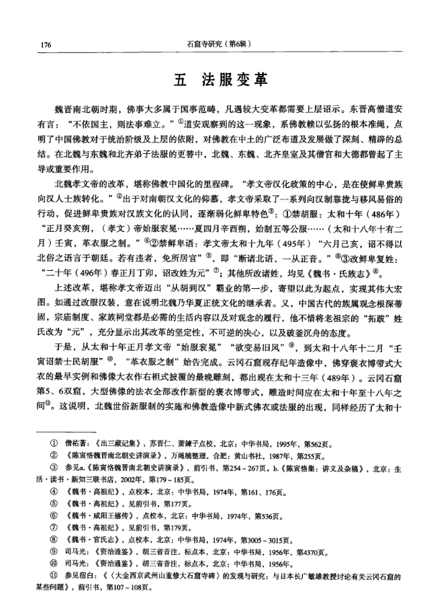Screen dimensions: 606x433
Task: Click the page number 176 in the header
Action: pyautogui.click(x=46, y=44)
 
